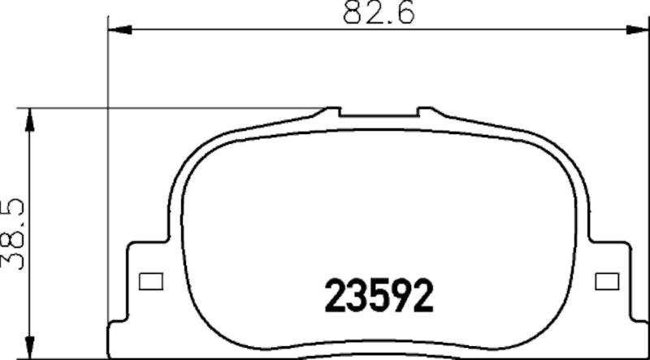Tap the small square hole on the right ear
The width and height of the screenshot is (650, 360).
603,281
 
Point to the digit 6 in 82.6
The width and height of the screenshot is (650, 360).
406,13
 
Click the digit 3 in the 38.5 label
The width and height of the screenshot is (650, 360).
14,259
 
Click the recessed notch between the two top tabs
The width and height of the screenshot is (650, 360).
379,116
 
